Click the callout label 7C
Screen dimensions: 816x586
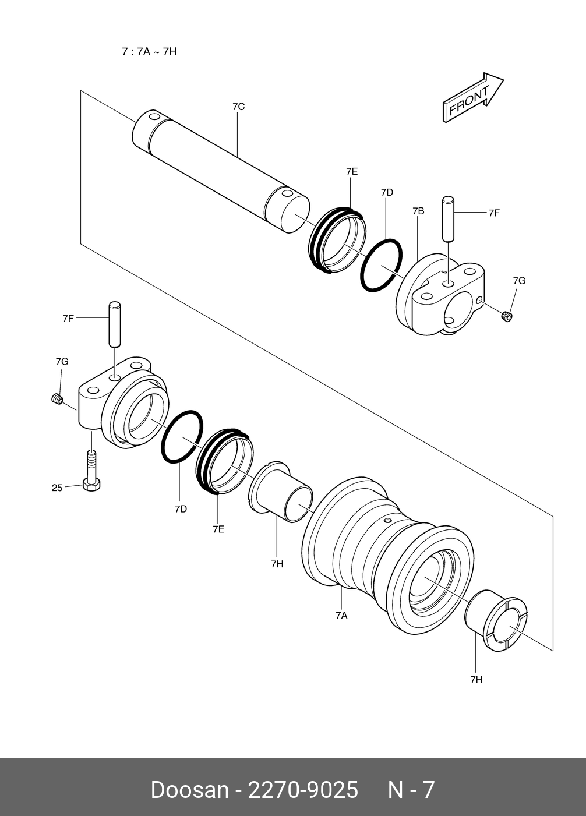point(238,107)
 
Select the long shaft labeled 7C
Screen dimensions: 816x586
point(221,168)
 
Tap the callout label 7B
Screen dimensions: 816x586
point(418,211)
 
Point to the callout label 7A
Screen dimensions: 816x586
point(341,615)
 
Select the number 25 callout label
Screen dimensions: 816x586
point(57,488)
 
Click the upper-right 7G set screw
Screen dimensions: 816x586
point(507,316)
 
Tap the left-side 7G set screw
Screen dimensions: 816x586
point(57,400)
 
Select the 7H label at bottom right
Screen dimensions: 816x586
point(476,679)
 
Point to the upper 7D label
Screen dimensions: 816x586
point(387,192)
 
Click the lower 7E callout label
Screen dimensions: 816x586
point(218,529)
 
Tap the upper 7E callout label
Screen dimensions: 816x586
point(351,171)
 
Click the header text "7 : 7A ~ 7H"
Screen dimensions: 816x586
point(149,51)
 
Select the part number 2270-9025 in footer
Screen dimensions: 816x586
point(303,790)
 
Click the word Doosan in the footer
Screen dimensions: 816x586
point(189,790)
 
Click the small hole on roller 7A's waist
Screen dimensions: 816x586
point(387,520)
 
